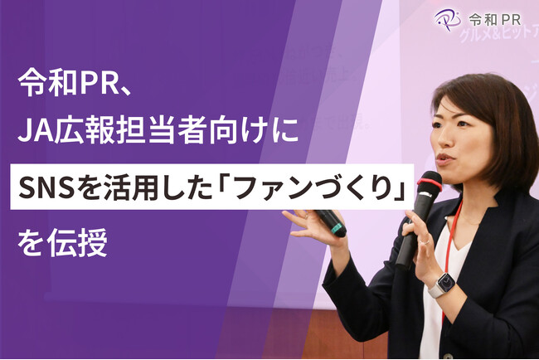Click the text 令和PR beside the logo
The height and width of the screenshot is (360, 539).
tap(495, 18)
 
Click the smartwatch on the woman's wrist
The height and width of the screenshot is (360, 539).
tap(442, 285)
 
